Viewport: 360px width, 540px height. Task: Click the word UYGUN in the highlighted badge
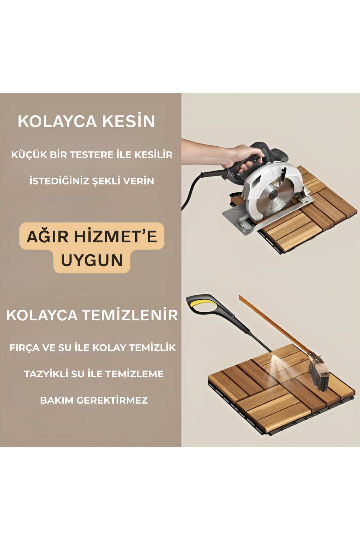[92, 260]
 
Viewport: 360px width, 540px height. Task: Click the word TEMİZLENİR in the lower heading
[130, 315]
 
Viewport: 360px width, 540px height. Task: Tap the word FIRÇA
[24, 348]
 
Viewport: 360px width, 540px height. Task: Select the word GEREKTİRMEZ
[112, 400]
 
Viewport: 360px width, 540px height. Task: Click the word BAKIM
[57, 400]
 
